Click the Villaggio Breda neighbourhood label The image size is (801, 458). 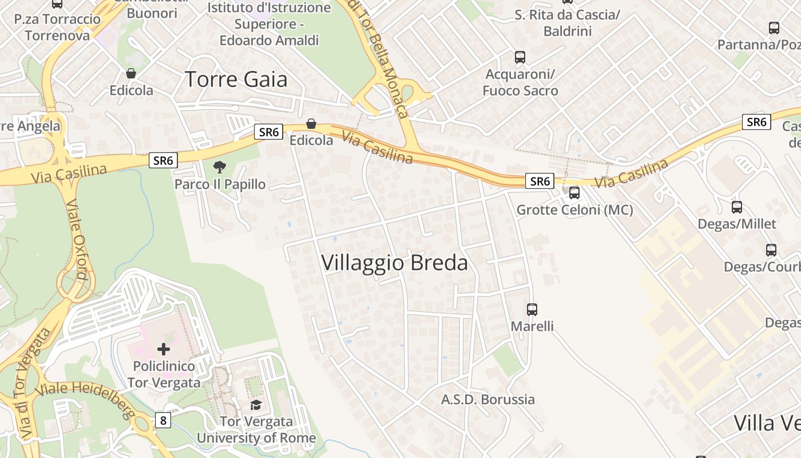(394, 263)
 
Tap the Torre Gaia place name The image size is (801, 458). (236, 79)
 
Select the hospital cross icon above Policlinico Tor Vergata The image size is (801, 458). (164, 349)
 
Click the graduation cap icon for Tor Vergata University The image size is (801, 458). (256, 405)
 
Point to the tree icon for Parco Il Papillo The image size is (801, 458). (219, 167)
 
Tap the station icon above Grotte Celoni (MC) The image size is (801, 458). (574, 193)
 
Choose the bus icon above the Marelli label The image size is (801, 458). (532, 310)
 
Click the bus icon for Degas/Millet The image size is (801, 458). (737, 207)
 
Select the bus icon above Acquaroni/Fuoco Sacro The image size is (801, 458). (520, 57)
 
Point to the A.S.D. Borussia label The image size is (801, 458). (488, 400)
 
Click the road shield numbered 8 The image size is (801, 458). (163, 421)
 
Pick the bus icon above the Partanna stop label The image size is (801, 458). (774, 27)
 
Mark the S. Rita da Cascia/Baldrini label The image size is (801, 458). (567, 23)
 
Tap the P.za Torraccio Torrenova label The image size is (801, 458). (57, 27)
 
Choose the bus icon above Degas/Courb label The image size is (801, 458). (771, 250)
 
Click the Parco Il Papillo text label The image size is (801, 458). (220, 184)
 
